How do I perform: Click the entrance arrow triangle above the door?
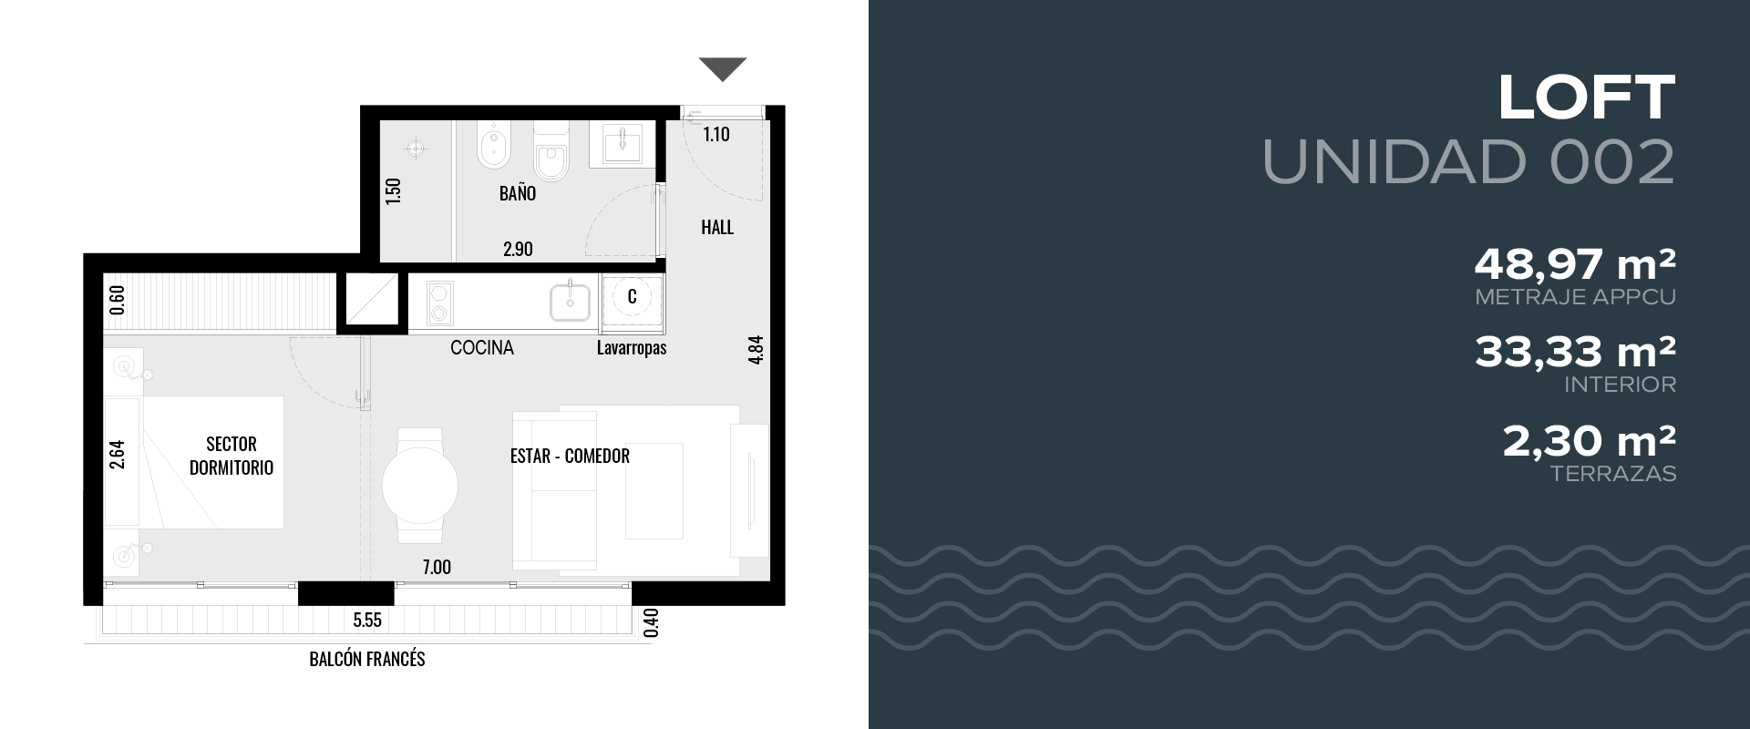click(x=723, y=68)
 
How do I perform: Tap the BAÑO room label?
click(x=518, y=193)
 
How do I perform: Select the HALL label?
click(x=717, y=227)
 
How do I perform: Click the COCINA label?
click(x=482, y=347)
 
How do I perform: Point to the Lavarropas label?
click(x=632, y=348)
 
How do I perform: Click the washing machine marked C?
click(x=632, y=301)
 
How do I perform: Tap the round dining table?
click(x=419, y=486)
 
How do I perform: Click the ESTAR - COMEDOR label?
click(x=570, y=456)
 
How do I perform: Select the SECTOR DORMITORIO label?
click(x=232, y=456)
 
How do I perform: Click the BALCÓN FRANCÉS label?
click(x=367, y=659)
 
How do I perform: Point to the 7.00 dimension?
click(x=437, y=567)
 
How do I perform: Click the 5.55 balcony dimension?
click(x=367, y=621)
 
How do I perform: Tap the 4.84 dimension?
click(x=755, y=351)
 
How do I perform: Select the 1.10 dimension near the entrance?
click(x=716, y=135)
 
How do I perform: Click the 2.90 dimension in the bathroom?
click(x=518, y=249)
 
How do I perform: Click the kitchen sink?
click(x=571, y=301)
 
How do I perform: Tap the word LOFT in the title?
click(x=1587, y=98)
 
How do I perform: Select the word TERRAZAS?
click(x=1613, y=474)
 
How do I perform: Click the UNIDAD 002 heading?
click(x=1469, y=162)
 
